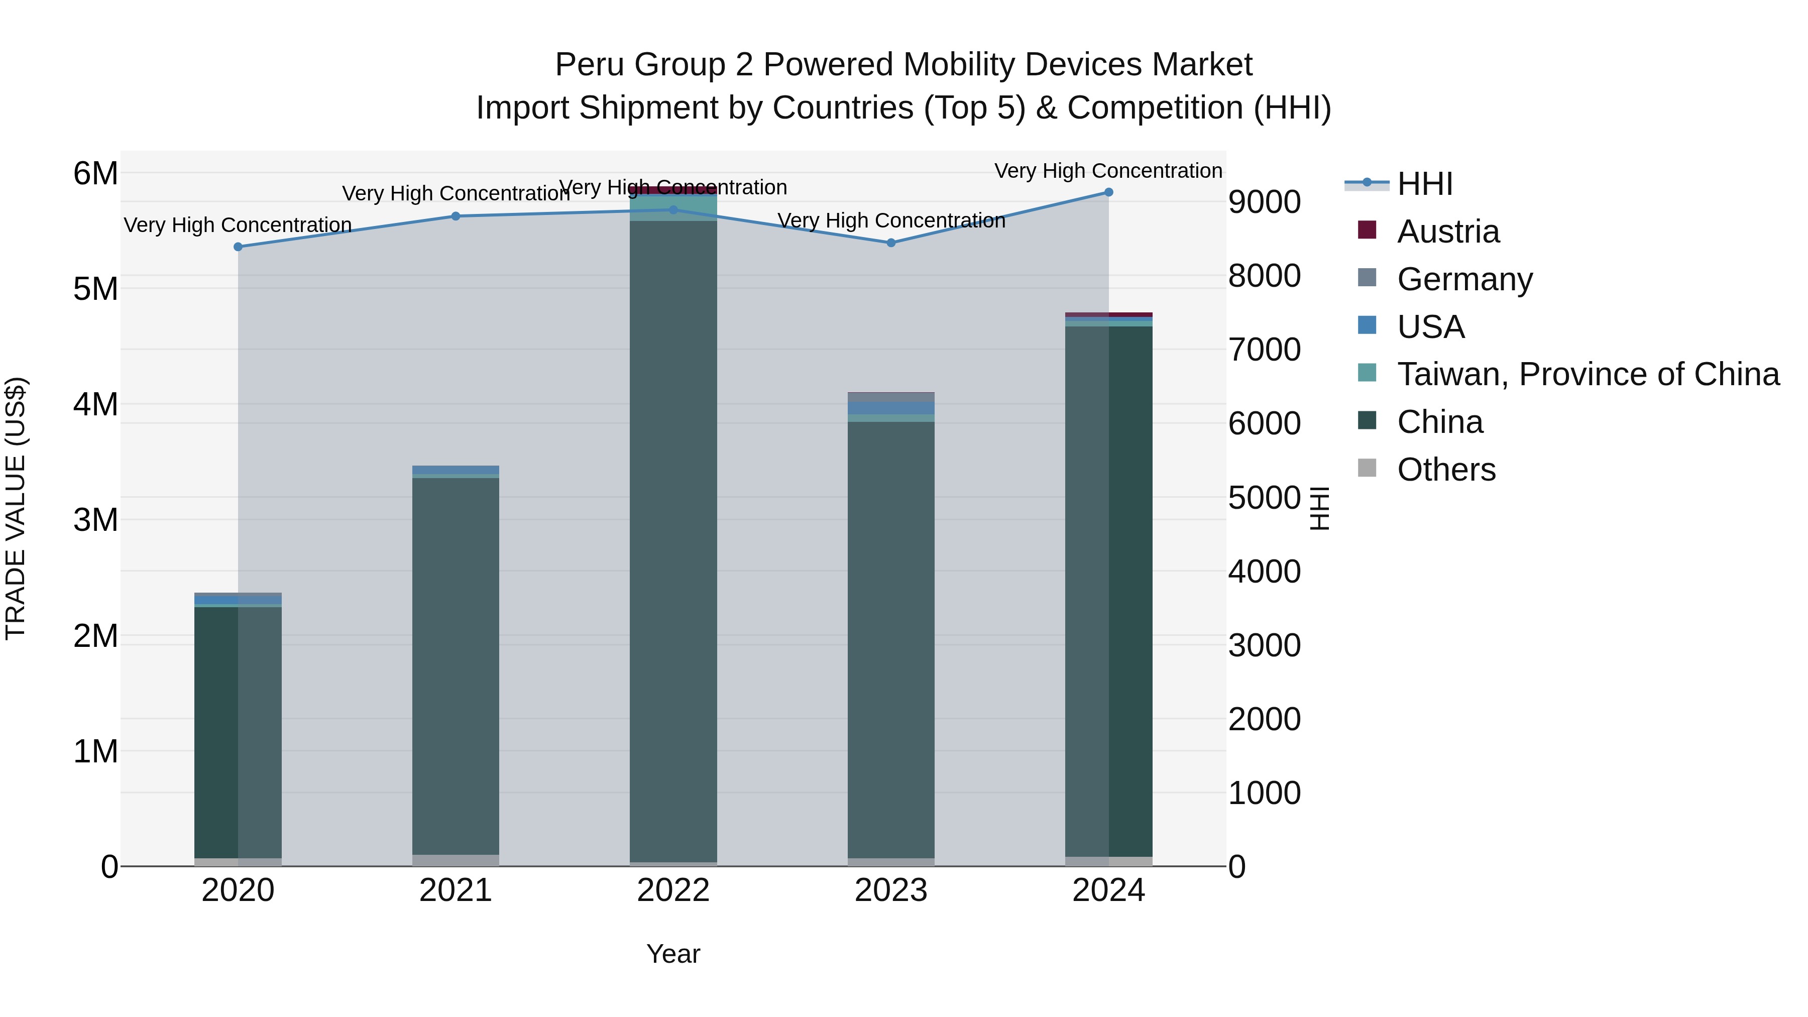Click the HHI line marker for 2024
pos(1108,192)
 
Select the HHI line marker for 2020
pos(238,247)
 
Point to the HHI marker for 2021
pos(456,216)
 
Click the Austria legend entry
pos(1448,232)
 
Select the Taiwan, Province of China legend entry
pos(1588,374)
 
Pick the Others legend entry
pos(1446,470)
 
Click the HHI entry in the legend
pos(1424,184)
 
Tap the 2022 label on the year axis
pos(673,890)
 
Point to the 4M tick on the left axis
pos(95,404)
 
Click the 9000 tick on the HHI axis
pos(1264,202)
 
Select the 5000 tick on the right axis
pos(1264,498)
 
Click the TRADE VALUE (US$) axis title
pos(16,508)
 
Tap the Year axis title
pos(673,954)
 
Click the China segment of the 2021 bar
pos(456,667)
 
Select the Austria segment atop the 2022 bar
pos(673,190)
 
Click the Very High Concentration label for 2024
pos(1108,171)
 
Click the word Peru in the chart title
pos(586,65)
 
